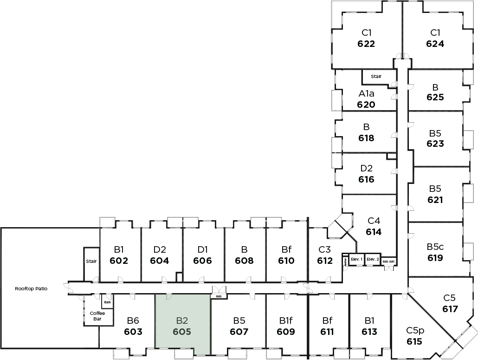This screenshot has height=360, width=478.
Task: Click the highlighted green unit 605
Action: pos(183,325)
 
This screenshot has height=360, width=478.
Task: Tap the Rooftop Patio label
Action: pos(31,288)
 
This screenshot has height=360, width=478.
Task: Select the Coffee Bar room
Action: pos(97,316)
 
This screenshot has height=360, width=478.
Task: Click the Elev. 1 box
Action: pos(356,259)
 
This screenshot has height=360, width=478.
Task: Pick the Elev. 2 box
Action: pos(373,259)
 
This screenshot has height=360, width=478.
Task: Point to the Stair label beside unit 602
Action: pos(91,261)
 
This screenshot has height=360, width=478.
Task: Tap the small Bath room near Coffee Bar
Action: pos(107,302)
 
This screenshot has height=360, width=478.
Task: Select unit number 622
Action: pos(366,44)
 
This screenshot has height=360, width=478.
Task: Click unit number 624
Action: pos(435,44)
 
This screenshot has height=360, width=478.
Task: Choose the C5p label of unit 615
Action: pos(415,331)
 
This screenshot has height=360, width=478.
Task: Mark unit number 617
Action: pos(450,309)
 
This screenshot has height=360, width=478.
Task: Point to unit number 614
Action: pos(374,232)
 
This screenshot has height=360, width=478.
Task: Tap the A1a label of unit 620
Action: pos(366,93)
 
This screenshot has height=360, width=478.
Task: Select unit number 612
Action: pos(325,261)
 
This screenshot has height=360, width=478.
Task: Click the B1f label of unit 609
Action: pos(286,320)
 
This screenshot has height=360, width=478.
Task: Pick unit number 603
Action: pos(133,332)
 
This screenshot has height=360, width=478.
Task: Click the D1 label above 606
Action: pos(202,249)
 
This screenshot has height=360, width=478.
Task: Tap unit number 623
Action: pos(435,144)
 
